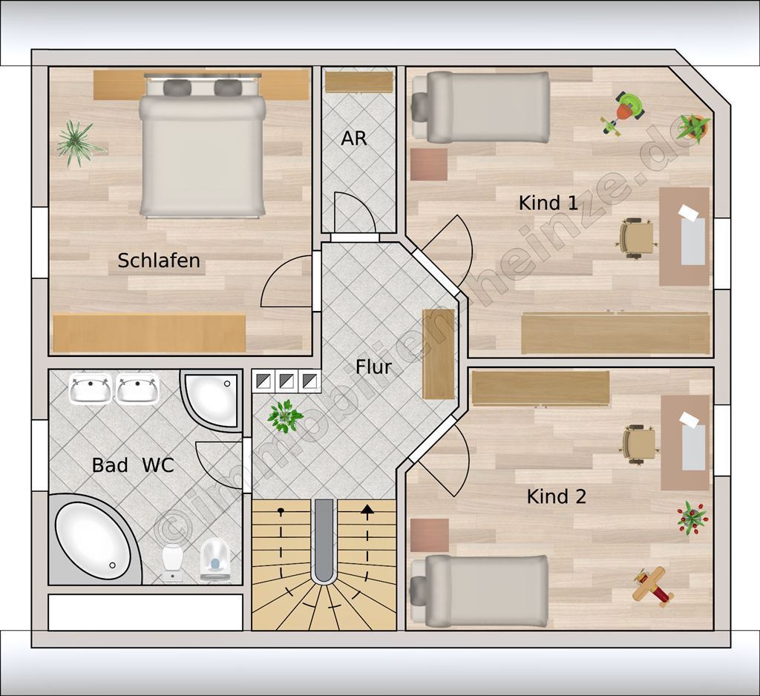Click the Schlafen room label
click(x=159, y=260)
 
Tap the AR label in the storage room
click(x=354, y=139)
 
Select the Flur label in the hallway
click(x=373, y=367)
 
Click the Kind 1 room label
click(x=548, y=203)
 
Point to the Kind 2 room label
click(x=557, y=496)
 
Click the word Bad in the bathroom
click(x=110, y=465)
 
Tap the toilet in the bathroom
click(x=214, y=561)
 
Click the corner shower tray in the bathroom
click(x=211, y=399)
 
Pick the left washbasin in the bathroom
click(x=90, y=388)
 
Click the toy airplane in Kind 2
click(x=653, y=587)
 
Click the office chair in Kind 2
click(x=640, y=445)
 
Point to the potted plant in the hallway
click(x=285, y=416)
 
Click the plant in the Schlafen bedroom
click(x=77, y=143)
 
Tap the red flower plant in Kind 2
click(x=692, y=518)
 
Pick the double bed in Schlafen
click(x=203, y=145)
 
